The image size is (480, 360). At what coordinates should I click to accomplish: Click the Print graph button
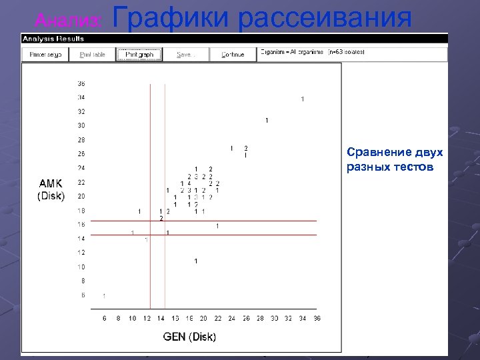coord(139,55)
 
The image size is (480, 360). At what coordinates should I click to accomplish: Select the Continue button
coord(233,55)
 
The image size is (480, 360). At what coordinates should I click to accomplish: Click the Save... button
coord(185,55)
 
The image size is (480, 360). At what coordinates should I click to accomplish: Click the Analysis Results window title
coord(54,39)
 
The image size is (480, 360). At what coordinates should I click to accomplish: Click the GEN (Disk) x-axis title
coord(189,337)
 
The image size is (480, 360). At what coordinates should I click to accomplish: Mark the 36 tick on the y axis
coord(81,84)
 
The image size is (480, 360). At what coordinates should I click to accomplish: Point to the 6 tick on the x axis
coord(104,319)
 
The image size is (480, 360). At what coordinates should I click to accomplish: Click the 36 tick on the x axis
coord(317,319)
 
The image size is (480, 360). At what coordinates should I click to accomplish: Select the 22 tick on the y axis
coord(81,182)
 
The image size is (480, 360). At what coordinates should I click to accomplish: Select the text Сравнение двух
coord(395,153)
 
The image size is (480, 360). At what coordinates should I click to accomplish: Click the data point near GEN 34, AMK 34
coord(302,99)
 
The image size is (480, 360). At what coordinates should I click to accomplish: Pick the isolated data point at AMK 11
coord(196,261)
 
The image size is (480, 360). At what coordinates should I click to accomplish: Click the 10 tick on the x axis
coord(132,319)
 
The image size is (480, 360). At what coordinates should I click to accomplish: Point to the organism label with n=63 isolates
coord(313,52)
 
